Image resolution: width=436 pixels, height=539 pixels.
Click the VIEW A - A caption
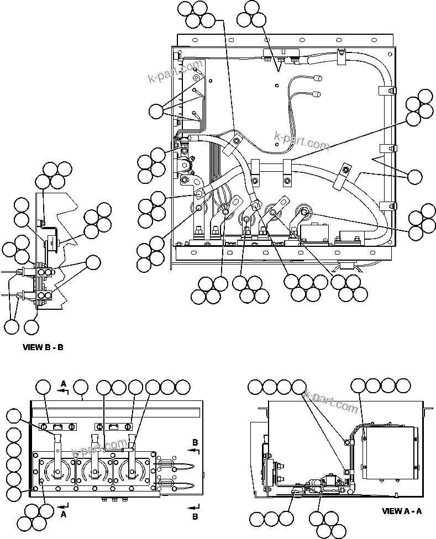402,511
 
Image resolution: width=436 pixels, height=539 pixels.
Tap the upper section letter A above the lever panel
64,383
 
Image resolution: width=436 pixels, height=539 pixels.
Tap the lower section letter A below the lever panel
64,513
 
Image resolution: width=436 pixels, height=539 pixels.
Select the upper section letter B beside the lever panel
195,443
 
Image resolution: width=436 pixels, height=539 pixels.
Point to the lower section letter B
195,516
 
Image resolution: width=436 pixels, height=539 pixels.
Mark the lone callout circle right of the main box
414,177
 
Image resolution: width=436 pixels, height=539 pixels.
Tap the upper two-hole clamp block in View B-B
44,272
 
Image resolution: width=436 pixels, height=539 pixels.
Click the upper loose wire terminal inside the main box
317,78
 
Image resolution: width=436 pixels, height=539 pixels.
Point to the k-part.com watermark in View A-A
331,401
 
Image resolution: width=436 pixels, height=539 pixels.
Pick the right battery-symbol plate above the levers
113,426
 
